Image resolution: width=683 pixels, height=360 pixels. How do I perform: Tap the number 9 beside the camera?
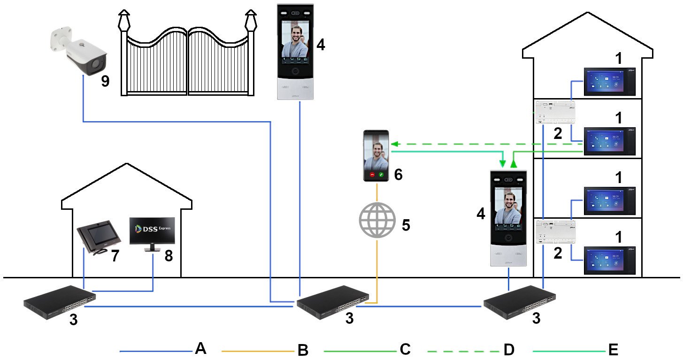coord(105,81)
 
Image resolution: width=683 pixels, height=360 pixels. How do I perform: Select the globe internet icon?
coord(377,221)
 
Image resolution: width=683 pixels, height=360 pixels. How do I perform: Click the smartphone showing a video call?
coord(377,156)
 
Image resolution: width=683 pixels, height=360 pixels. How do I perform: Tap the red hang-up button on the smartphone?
coord(372,175)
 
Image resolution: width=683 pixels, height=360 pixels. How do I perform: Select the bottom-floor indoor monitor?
coord(609,260)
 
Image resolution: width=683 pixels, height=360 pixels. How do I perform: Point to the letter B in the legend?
coord(303,350)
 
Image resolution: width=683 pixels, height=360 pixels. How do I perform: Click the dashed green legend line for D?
coord(462,351)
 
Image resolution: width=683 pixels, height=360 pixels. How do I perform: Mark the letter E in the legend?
coord(613,350)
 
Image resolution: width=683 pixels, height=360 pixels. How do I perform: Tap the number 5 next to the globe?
coord(406,225)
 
